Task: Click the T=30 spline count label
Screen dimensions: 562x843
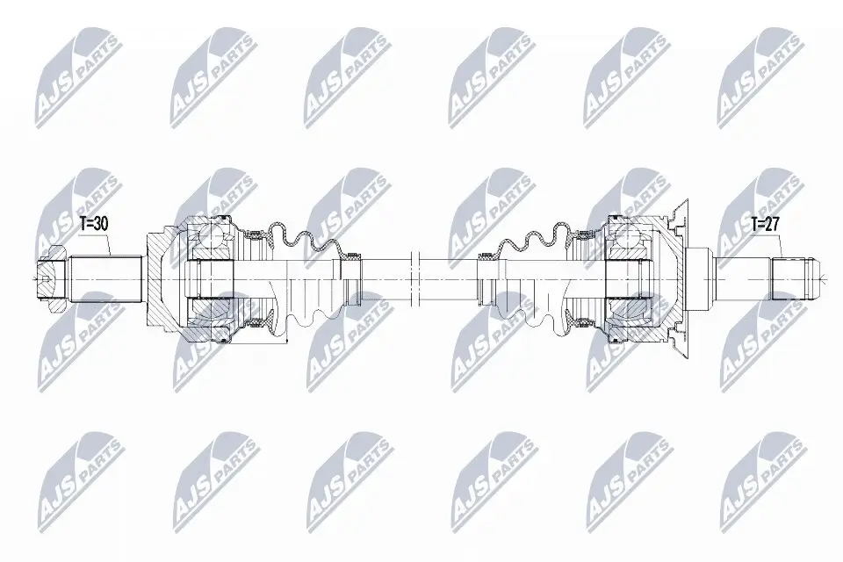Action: click(93, 224)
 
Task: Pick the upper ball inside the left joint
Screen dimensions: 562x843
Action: click(211, 234)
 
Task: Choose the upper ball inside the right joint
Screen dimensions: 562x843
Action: click(629, 234)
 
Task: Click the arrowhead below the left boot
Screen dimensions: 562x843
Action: click(285, 339)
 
